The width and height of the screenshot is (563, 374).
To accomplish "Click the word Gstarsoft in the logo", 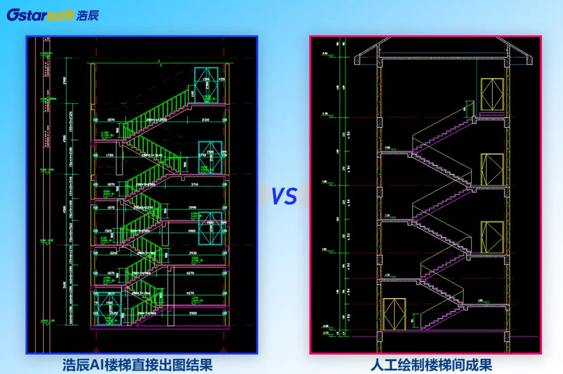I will pos(37,15).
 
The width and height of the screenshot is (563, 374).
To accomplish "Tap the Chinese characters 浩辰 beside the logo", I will pos(82,15).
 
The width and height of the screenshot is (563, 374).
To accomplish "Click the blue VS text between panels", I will pos(284,196).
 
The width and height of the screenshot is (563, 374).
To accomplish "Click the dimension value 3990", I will pos(207,208).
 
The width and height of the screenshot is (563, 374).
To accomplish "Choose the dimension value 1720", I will pos(111,156).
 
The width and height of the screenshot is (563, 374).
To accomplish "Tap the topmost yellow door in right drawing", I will pos(492,95).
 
